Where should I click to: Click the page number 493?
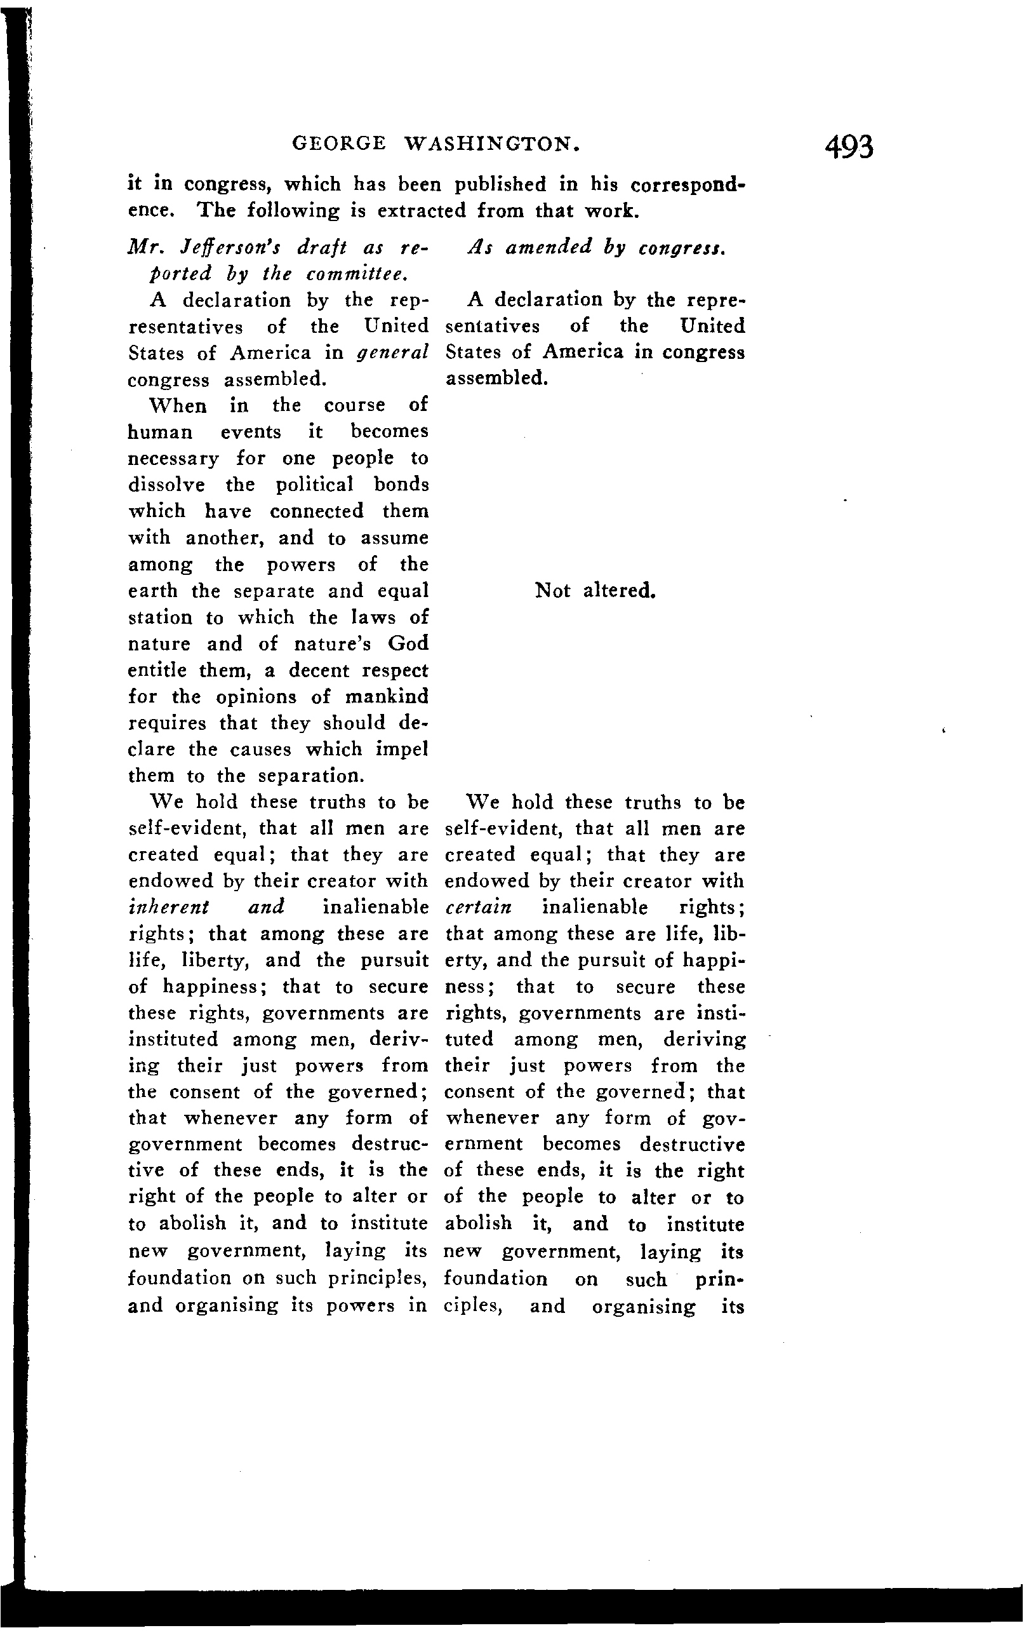(849, 146)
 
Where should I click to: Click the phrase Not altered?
(595, 591)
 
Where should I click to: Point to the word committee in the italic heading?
(357, 274)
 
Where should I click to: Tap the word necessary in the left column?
(173, 459)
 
